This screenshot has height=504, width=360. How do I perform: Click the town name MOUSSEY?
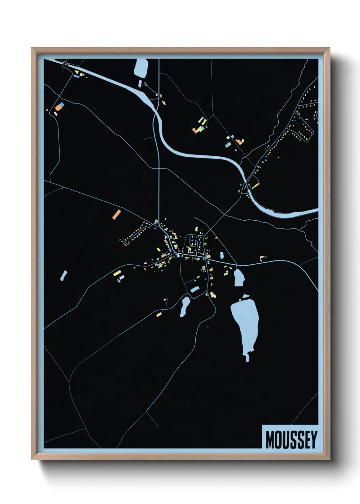(x=291, y=439)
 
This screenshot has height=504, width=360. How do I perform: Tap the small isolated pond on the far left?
(x=64, y=275)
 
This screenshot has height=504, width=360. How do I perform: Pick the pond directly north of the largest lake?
(x=239, y=277)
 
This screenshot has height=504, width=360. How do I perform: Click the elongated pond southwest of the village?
(x=185, y=306)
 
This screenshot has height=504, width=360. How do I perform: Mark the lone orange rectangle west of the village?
(x=116, y=214)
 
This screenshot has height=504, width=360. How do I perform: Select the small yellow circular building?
(x=243, y=140)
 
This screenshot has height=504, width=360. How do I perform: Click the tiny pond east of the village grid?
(x=222, y=255)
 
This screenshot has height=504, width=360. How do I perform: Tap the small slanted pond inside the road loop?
(x=195, y=289)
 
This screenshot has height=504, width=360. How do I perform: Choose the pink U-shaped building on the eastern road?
(x=263, y=258)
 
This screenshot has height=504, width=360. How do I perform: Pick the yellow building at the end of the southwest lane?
(x=159, y=314)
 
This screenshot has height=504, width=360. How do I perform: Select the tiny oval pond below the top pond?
(x=140, y=83)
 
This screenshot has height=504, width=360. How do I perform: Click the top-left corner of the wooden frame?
(x=32, y=48)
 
